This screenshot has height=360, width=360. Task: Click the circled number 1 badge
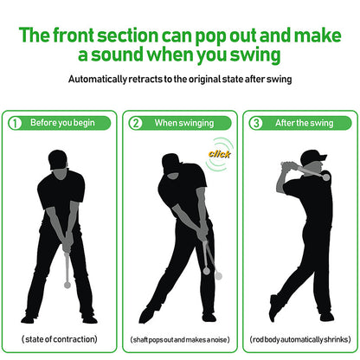click(15, 123)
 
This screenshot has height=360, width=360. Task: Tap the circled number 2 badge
click(136, 123)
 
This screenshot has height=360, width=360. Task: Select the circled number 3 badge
click(257, 123)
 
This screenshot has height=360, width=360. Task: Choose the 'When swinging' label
click(183, 123)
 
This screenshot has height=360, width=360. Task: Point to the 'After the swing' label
click(305, 123)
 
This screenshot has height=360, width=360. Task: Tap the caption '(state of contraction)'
click(59, 337)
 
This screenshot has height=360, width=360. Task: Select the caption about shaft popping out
click(180, 338)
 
